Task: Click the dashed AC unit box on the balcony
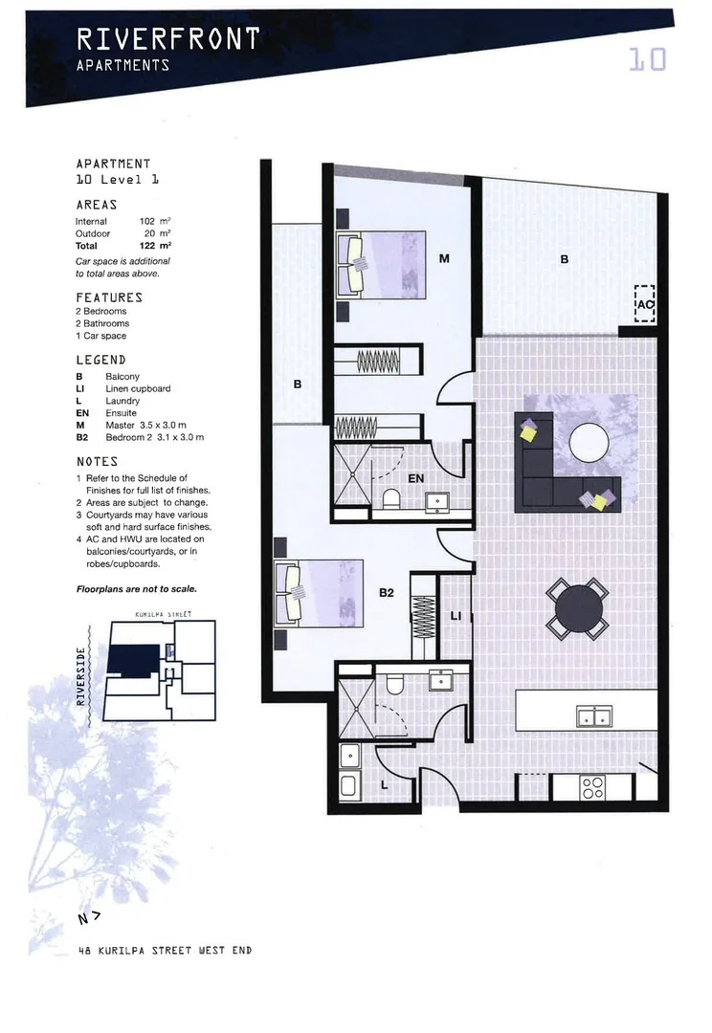pos(644,304)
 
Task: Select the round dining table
pos(577,608)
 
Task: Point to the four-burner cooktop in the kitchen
pos(592,786)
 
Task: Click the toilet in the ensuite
pos(390,499)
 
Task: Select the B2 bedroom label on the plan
pos(386,593)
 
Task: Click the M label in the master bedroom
pos(445,258)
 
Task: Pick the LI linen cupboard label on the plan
pos(455,616)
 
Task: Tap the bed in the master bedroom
pos(381,263)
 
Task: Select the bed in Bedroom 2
pos(319,594)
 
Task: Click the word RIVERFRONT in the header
pos(167,39)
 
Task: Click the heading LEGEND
pos(100,360)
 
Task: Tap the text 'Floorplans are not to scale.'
pos(136,589)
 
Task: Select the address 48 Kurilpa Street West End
pos(165,951)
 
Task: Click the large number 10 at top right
pos(647,60)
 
